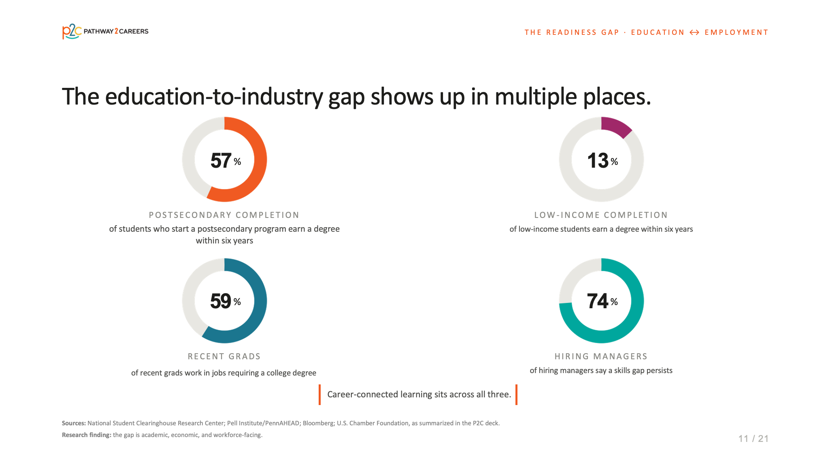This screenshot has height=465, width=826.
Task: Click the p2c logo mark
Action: coord(72,31)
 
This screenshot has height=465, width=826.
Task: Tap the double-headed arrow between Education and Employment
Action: coord(694,32)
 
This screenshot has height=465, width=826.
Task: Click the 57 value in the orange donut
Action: coord(221,160)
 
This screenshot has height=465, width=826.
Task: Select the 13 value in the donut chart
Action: coord(598,160)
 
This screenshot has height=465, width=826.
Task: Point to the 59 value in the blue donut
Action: coord(221,301)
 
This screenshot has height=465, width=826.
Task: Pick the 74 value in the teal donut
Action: coord(598,301)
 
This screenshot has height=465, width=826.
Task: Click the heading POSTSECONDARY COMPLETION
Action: coord(224,215)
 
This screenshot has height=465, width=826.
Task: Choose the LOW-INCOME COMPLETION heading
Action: coord(601,215)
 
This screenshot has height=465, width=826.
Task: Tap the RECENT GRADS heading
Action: coord(224,356)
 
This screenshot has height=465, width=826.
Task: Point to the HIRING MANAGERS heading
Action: coord(601,356)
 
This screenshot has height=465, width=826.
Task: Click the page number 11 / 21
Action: coord(753,439)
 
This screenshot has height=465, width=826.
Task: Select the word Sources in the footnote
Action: coord(74,423)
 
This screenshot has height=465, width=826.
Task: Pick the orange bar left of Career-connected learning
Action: coord(319,395)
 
